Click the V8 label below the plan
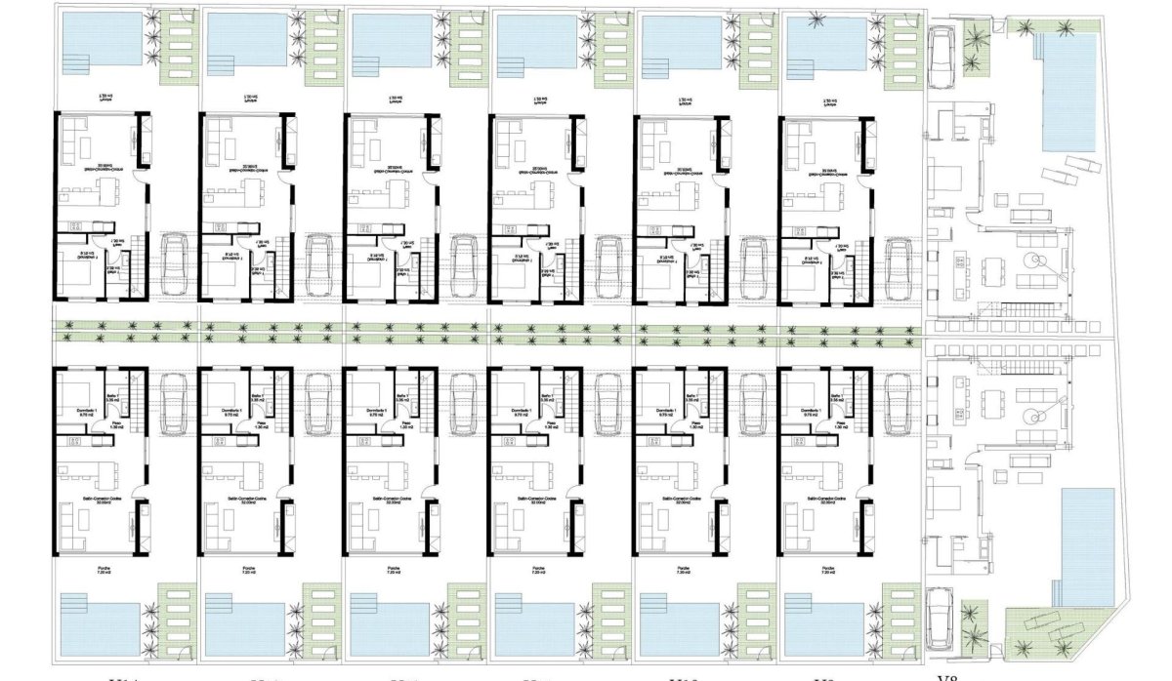(944, 676)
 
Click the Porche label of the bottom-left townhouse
(102, 568)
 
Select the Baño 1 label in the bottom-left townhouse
(113, 395)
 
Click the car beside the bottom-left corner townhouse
(173, 401)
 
